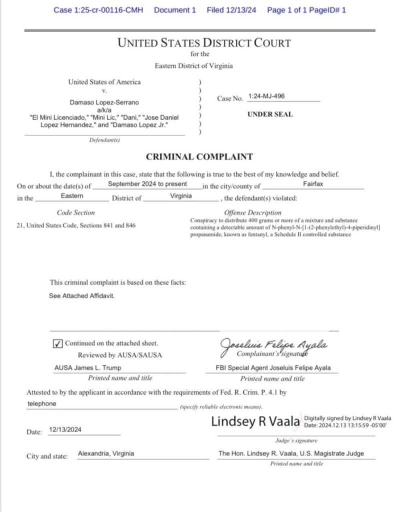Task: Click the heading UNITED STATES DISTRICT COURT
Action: [x=203, y=43]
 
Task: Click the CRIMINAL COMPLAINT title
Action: [x=199, y=157]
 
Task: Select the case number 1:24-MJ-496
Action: [x=266, y=95]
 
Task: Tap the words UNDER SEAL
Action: [x=270, y=114]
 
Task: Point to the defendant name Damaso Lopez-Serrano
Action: [x=104, y=102]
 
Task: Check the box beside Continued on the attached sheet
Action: [x=57, y=344]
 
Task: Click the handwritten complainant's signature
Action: [x=274, y=345]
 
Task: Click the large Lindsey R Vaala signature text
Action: [x=255, y=421]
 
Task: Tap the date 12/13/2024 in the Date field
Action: [x=65, y=429]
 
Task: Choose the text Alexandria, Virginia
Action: [x=106, y=454]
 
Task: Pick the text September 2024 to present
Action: [x=147, y=184]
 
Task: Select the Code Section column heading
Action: [x=75, y=212]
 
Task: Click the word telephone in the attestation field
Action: [x=41, y=403]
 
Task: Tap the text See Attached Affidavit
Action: [x=81, y=296]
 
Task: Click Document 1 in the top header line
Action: [x=175, y=10]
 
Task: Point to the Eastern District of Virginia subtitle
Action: [x=193, y=66]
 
